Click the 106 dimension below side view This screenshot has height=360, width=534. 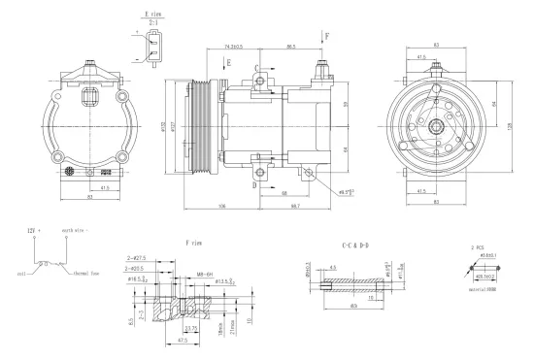tap(222, 207)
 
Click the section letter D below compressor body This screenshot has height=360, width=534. tap(256, 181)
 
